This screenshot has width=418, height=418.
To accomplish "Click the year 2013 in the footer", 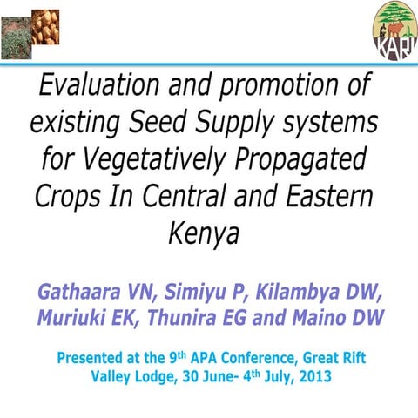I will pos(309,378).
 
